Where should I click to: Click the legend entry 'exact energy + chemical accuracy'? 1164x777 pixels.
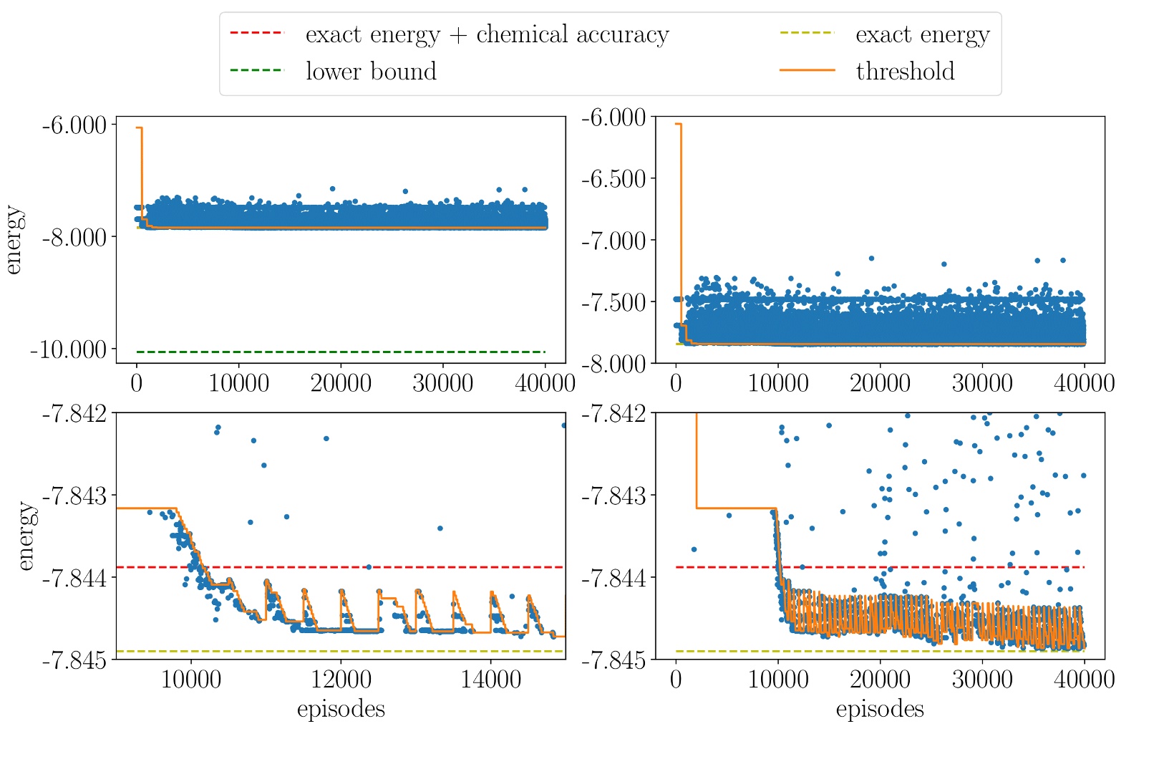point(487,34)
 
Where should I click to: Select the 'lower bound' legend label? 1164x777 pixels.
point(371,71)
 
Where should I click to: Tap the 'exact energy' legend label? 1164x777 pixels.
point(922,34)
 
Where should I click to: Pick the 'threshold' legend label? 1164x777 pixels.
point(905,71)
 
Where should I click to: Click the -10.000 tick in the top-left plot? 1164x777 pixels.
point(69,349)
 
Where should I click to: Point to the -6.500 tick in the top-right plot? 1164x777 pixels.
point(614,178)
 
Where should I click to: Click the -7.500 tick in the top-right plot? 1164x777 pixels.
point(614,301)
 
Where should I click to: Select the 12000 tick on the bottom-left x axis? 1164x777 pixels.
point(341,679)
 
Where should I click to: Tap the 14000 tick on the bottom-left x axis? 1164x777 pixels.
point(490,679)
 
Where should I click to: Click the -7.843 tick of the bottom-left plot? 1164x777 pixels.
point(74,496)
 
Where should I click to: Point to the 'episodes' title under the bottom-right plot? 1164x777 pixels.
point(880,709)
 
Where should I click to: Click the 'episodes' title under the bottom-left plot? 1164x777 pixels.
point(341,709)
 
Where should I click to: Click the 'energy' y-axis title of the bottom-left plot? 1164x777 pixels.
point(26,536)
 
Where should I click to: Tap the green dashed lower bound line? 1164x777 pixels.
point(341,352)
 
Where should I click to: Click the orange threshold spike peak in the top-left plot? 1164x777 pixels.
point(139,127)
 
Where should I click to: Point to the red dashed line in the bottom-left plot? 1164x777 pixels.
point(430,567)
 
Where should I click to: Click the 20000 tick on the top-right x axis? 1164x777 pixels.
point(880,383)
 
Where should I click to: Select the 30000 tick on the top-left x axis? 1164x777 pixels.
point(442,383)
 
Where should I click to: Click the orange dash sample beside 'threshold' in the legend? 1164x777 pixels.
point(807,71)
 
